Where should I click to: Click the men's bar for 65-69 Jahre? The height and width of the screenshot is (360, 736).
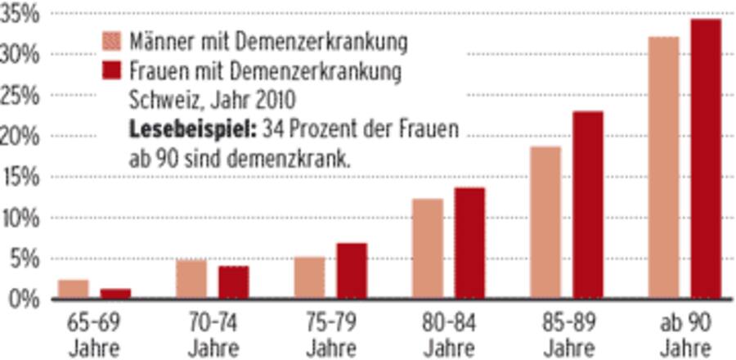pyautogui.click(x=73, y=290)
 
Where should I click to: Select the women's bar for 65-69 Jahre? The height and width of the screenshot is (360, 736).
pyautogui.click(x=116, y=294)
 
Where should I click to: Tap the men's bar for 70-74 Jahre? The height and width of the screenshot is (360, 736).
pyautogui.click(x=191, y=279)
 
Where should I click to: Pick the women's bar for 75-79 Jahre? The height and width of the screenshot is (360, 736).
pyautogui.click(x=352, y=271)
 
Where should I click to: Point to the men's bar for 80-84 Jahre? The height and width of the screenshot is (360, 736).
pyautogui.click(x=427, y=249)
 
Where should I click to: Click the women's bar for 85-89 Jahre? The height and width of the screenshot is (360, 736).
pyautogui.click(x=587, y=205)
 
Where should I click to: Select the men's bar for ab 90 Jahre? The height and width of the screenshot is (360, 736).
pyautogui.click(x=663, y=168)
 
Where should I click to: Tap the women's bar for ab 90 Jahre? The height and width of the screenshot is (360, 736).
pyautogui.click(x=706, y=160)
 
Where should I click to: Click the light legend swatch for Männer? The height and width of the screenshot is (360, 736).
pyautogui.click(x=112, y=40)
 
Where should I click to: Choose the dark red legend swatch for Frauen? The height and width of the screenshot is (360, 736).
pyautogui.click(x=112, y=71)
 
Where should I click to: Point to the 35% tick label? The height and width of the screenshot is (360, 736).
pyautogui.click(x=20, y=15)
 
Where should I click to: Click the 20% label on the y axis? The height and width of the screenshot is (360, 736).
pyautogui.click(x=20, y=137)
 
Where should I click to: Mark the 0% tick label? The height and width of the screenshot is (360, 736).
pyautogui.click(x=25, y=299)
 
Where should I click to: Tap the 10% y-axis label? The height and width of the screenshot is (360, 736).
pyautogui.click(x=20, y=218)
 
